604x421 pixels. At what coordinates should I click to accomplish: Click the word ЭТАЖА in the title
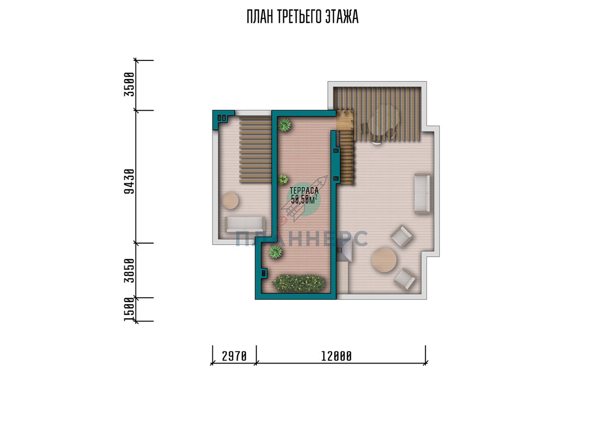pyautogui.click(x=342, y=17)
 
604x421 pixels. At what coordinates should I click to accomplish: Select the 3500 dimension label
pyautogui.click(x=129, y=85)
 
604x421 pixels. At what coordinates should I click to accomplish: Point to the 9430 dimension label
pyautogui.click(x=129, y=181)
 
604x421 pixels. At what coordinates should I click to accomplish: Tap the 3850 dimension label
pyautogui.click(x=129, y=270)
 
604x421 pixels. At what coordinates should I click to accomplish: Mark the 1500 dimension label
pyautogui.click(x=129, y=309)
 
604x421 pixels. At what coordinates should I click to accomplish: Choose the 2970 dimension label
pyautogui.click(x=235, y=356)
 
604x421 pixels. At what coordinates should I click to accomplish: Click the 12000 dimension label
pyautogui.click(x=336, y=356)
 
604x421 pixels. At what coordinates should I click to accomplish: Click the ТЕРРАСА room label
pyautogui.click(x=304, y=191)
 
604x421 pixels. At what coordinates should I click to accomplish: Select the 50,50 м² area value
pyautogui.click(x=304, y=199)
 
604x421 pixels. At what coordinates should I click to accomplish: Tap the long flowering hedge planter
pyautogui.click(x=299, y=283)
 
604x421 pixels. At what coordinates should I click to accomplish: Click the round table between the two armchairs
pyautogui.click(x=384, y=260)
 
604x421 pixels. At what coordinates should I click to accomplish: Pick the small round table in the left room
pyautogui.click(x=231, y=200)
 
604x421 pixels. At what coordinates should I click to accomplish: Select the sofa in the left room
pyautogui.click(x=245, y=225)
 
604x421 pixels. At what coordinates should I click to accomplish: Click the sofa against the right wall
pyautogui.click(x=422, y=193)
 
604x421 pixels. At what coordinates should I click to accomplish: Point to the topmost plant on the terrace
pyautogui.click(x=285, y=125)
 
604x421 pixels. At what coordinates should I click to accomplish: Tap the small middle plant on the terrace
pyautogui.click(x=283, y=179)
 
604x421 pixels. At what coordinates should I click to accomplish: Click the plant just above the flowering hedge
pyautogui.click(x=275, y=252)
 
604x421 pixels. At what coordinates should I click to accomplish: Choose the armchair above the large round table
pyautogui.click(x=402, y=236)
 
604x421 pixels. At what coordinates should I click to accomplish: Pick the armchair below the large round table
pyautogui.click(x=405, y=279)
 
